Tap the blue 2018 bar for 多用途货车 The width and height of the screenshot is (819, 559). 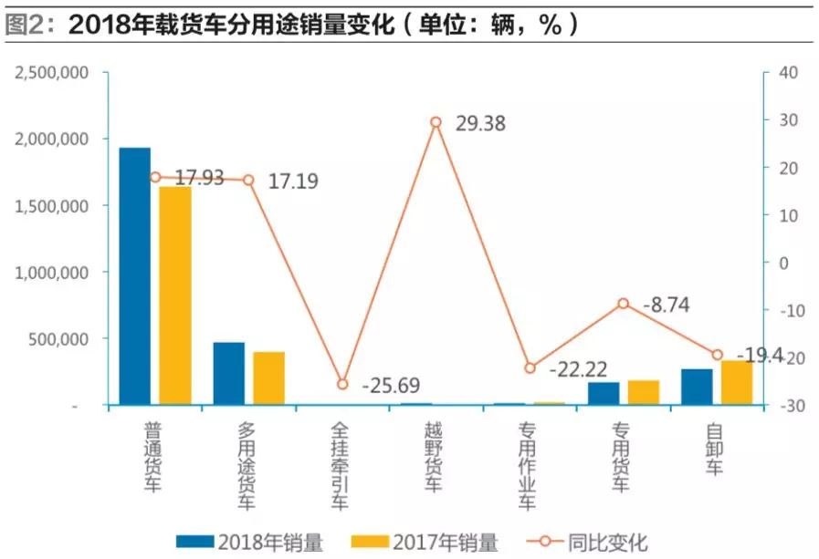[229, 373]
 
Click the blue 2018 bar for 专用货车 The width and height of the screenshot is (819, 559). [604, 393]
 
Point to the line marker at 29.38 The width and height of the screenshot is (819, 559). [436, 122]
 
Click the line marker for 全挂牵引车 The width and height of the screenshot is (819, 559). [342, 385]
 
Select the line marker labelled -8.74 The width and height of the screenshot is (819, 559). [623, 304]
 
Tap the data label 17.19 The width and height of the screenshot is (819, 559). [292, 181]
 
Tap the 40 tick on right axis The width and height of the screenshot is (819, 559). [785, 72]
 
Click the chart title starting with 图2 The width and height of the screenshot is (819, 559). [292, 26]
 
